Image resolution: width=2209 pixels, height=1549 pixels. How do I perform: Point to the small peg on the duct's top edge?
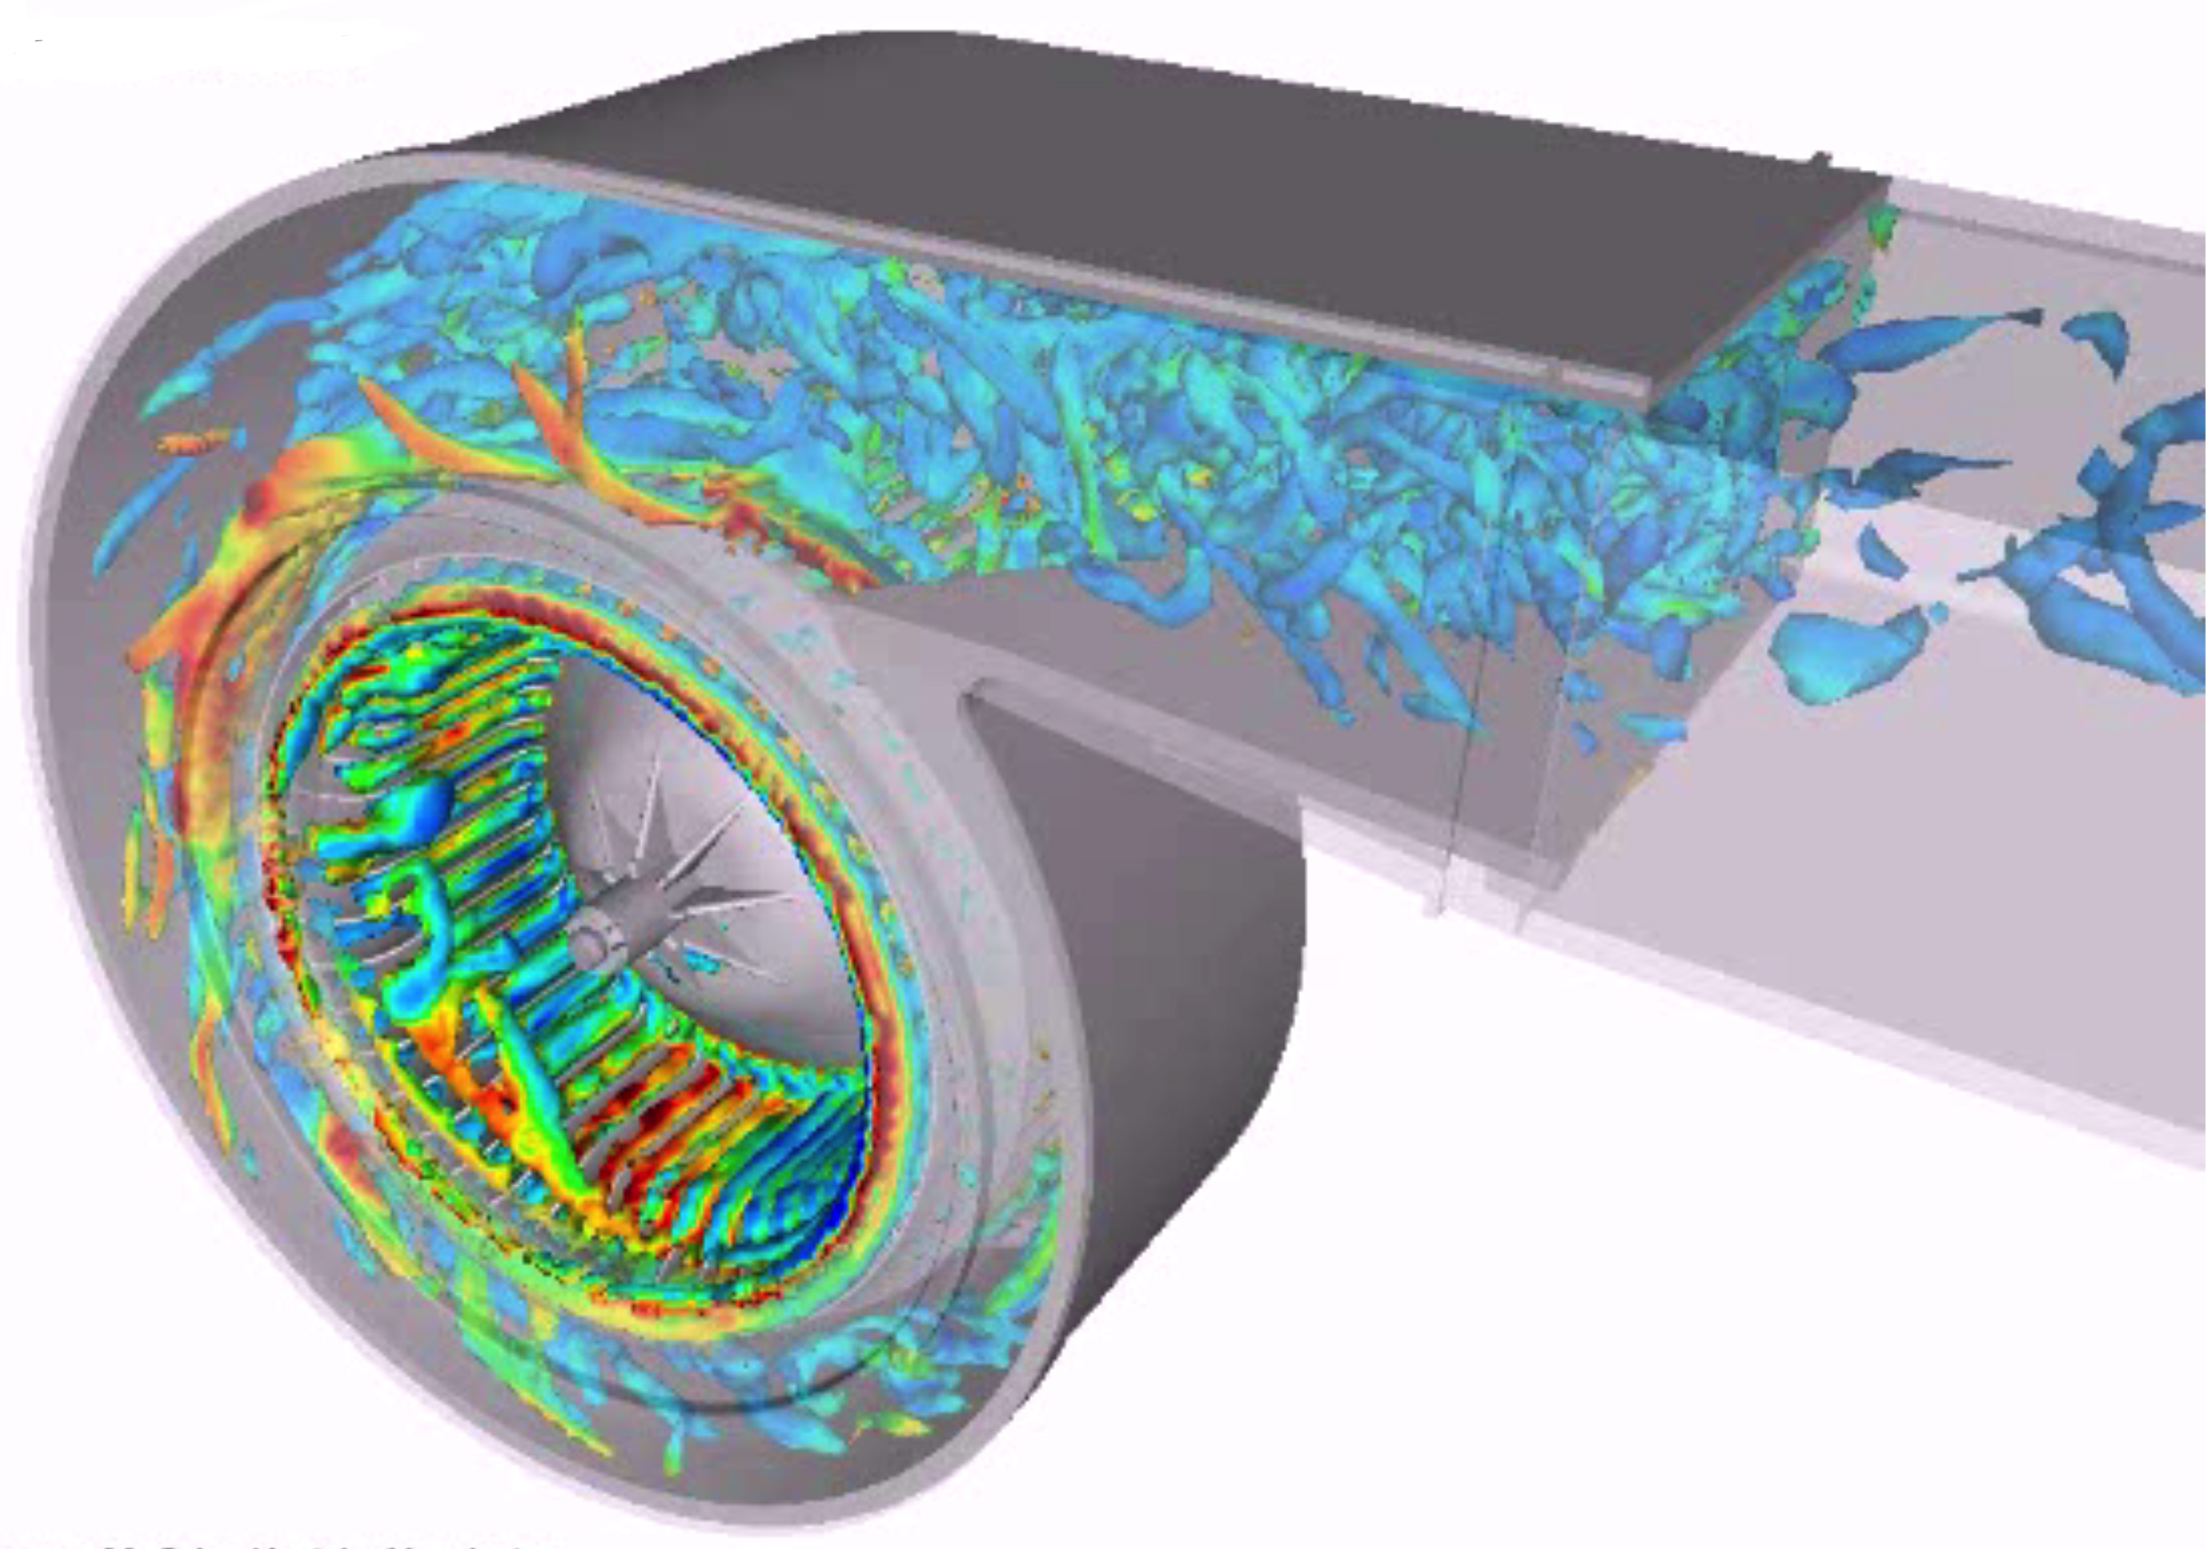(x=1820, y=158)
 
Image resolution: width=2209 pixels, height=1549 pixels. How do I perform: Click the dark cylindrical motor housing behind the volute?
(x=1155, y=962)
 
